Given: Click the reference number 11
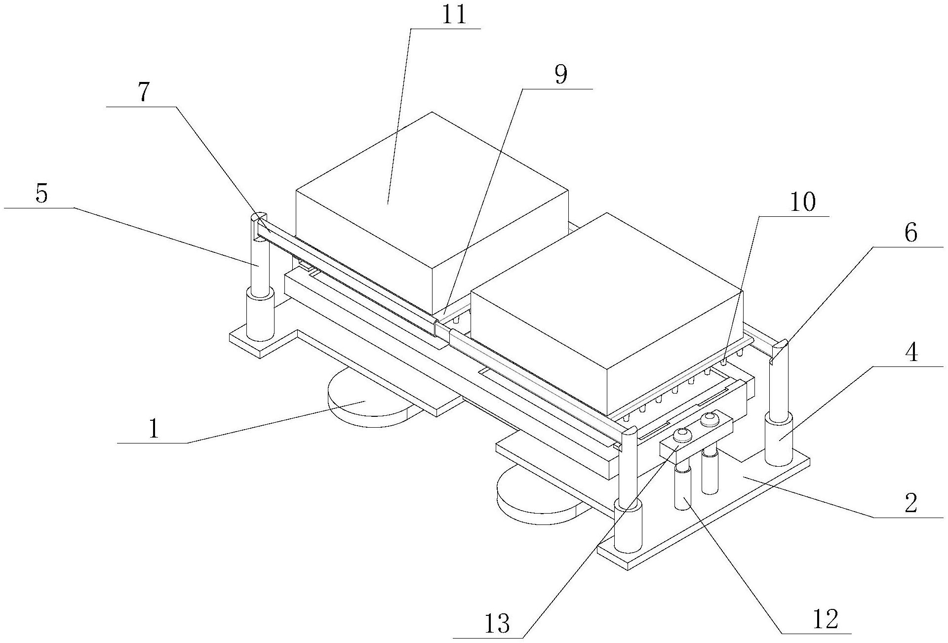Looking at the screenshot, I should point(454,15).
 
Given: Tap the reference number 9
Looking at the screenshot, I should point(560,75).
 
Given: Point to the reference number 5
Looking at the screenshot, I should point(42,194).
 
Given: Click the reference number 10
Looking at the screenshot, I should point(803,202).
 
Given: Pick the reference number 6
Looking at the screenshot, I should point(910,233).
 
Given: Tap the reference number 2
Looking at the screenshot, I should point(910,504).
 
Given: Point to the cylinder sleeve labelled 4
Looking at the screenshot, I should point(779,440).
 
